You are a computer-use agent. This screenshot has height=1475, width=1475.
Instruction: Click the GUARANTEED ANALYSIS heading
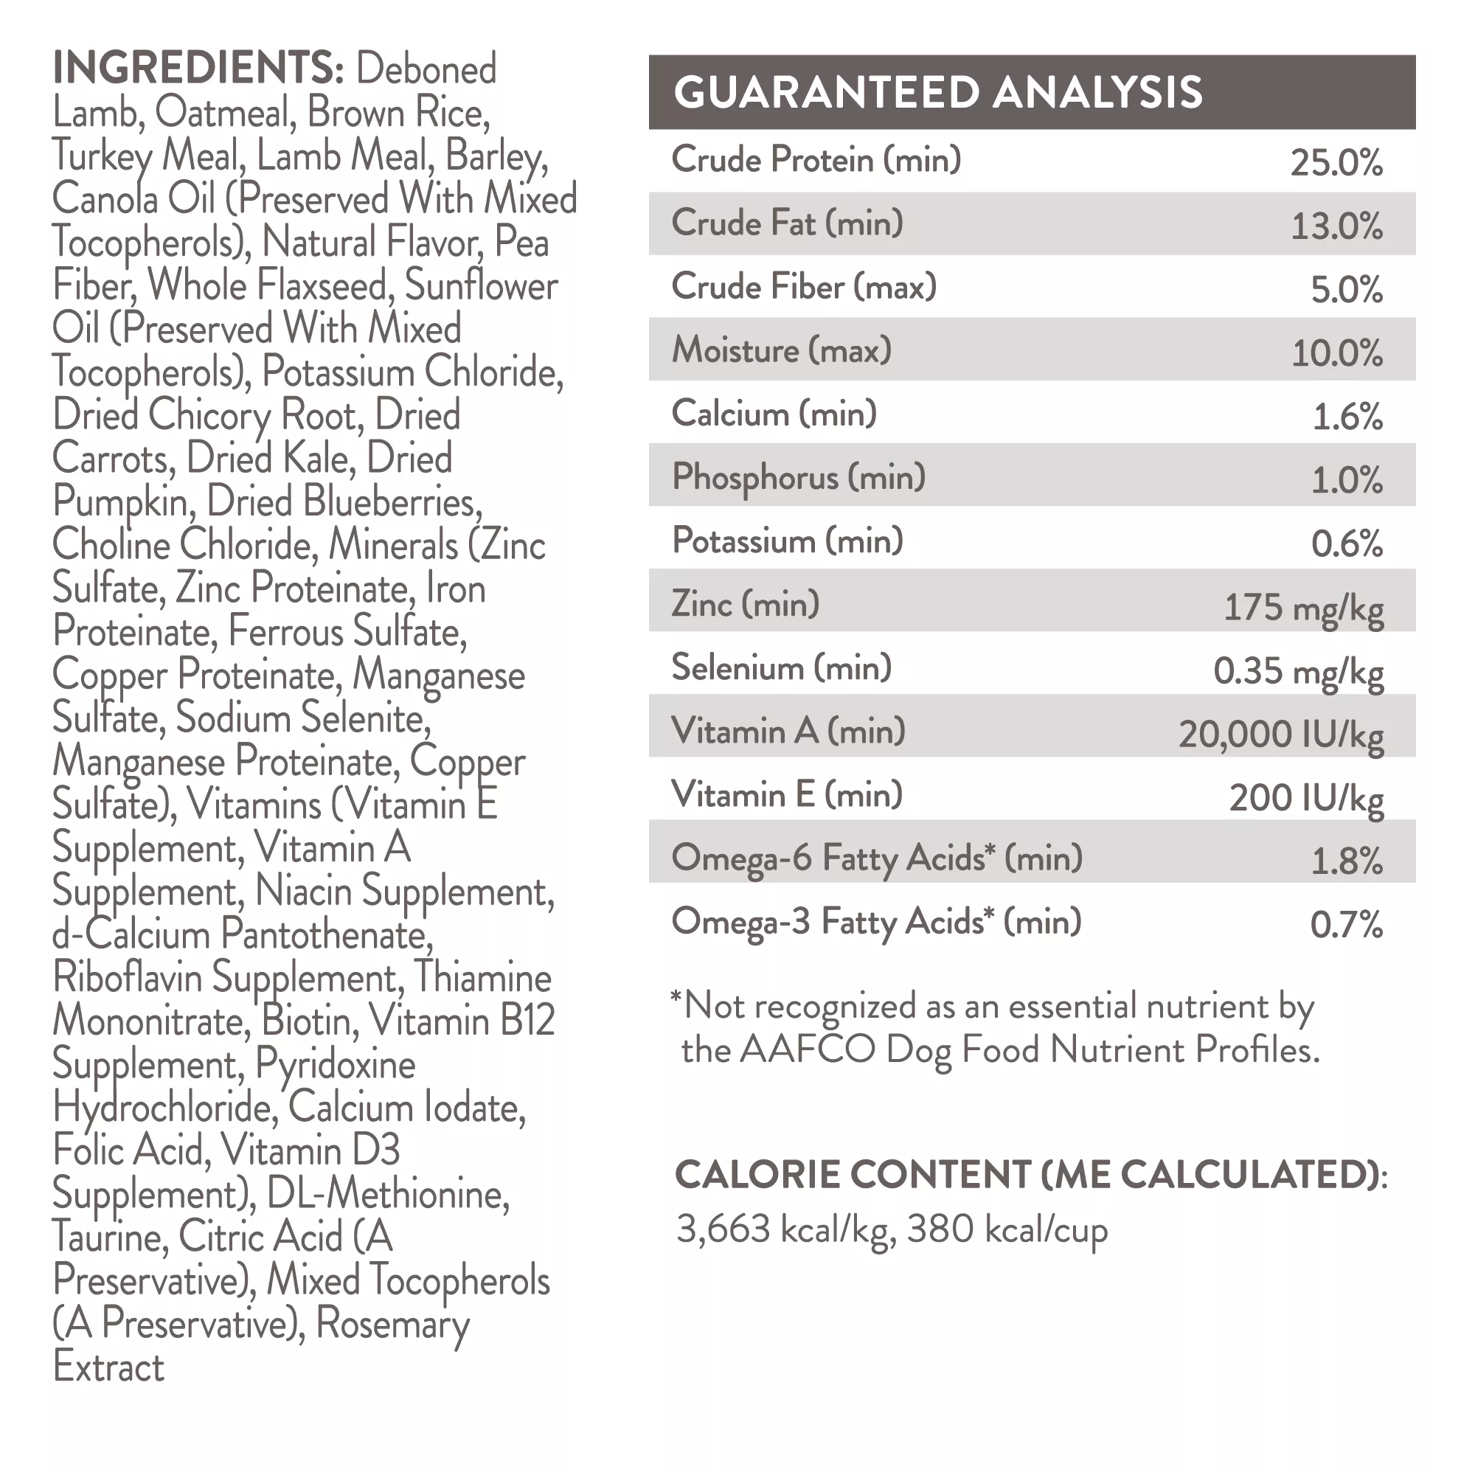937,92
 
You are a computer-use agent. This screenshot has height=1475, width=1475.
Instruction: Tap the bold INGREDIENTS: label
198,68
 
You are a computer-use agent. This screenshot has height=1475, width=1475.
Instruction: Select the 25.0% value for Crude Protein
1336,162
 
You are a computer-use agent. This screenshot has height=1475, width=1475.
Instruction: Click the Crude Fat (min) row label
787,223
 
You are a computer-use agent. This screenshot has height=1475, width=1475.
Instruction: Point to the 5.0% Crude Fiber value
1347,289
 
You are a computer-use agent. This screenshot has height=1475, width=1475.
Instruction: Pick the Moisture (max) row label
781,350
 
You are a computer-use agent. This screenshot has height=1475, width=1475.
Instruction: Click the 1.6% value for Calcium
1347,417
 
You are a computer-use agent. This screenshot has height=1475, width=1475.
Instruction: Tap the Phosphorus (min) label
799,477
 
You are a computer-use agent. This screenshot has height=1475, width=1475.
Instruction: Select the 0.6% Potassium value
1347,544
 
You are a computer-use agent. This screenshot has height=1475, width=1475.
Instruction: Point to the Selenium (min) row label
781,668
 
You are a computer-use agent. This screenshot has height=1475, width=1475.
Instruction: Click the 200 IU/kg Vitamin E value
1305,799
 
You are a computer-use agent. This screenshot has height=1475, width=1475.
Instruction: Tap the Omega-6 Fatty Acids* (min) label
876,859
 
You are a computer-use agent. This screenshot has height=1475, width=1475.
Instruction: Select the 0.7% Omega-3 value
1347,925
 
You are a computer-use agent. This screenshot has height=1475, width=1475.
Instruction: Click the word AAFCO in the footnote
807,1049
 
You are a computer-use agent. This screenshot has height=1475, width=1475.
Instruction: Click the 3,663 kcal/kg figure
782,1230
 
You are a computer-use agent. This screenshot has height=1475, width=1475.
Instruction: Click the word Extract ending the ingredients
108,1367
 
